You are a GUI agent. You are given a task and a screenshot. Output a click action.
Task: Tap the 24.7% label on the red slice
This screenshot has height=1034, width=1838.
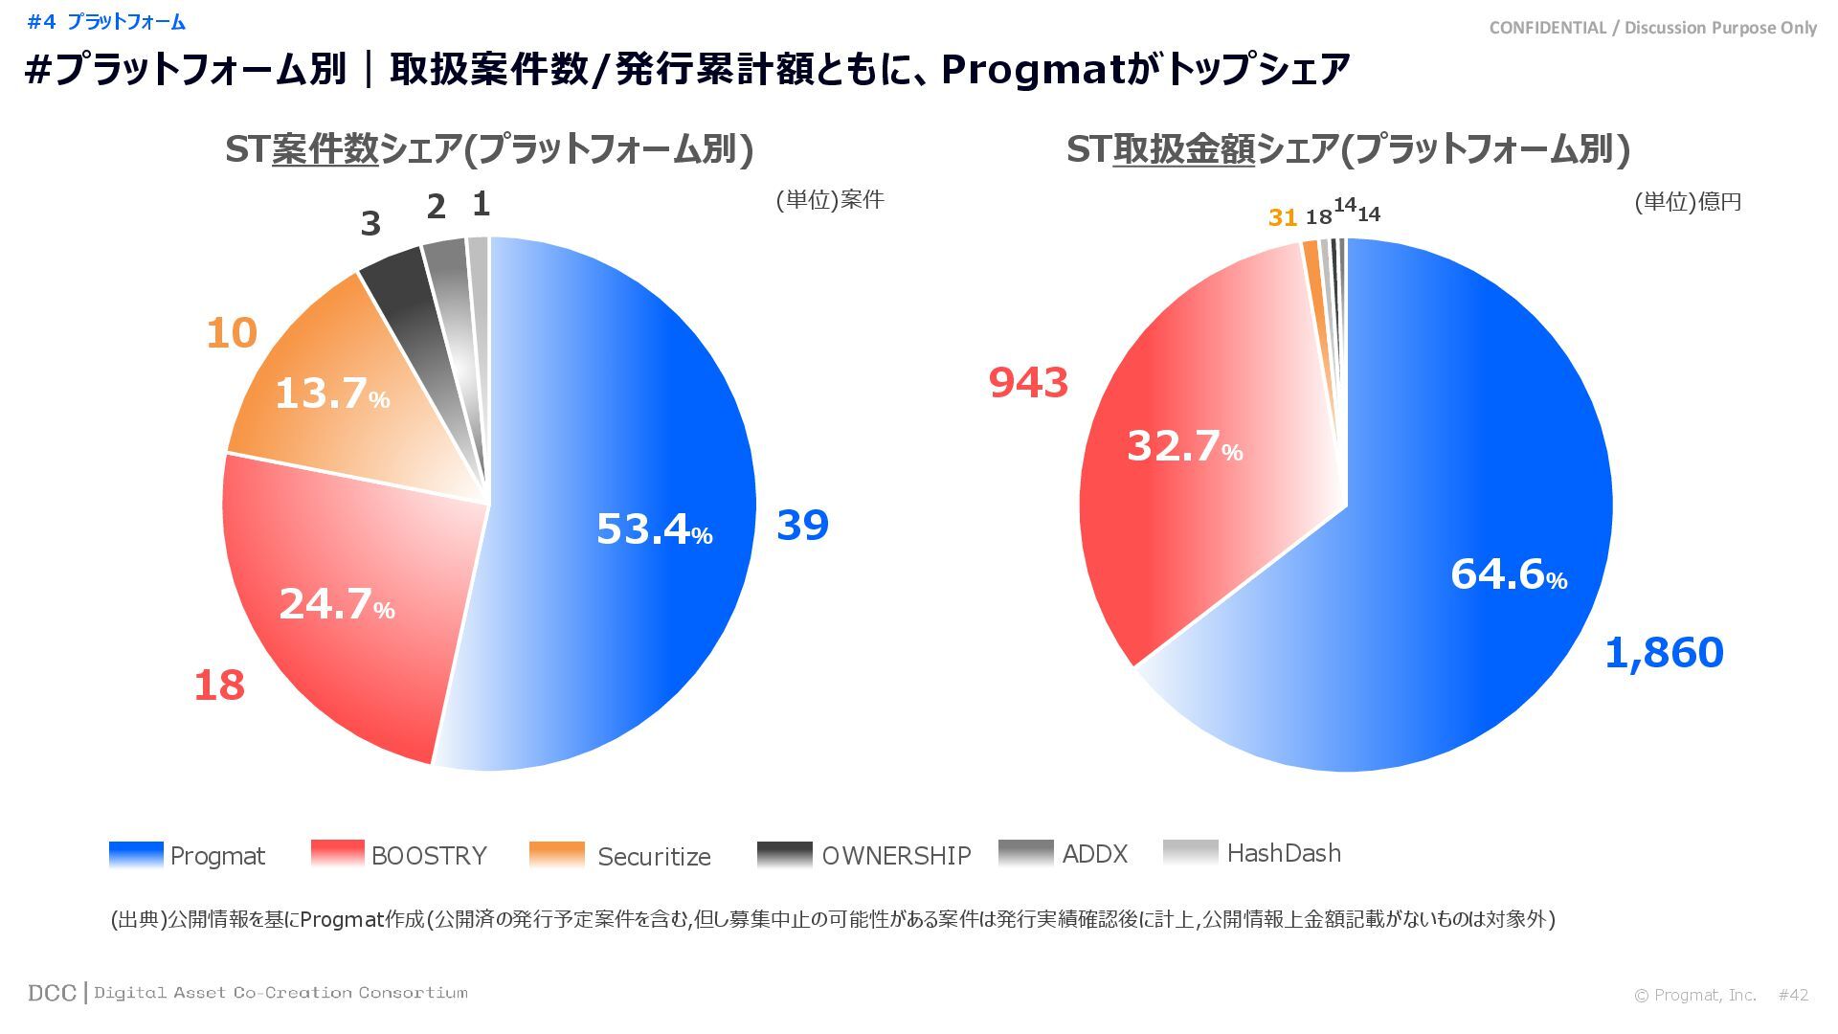coord(336,604)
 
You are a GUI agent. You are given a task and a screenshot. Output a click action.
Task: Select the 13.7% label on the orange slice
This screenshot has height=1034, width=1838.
coord(331,393)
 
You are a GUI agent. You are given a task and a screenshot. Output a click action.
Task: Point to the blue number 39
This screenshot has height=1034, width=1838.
coord(801,525)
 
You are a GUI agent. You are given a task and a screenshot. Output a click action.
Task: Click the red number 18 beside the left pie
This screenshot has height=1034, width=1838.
coord(219,686)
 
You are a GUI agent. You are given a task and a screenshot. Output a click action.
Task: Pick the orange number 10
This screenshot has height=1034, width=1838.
coord(232,333)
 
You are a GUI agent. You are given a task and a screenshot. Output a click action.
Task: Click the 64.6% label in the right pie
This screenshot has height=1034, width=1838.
coord(1508,574)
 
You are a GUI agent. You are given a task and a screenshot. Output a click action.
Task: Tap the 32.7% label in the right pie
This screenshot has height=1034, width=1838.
coord(1184,446)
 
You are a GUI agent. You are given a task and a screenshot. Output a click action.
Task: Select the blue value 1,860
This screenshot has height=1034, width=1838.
coord(1663,653)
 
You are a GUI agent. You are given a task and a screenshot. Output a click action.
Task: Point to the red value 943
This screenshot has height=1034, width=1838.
coord(1028,383)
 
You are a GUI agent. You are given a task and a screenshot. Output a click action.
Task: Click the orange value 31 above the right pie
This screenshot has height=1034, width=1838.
coord(1282,218)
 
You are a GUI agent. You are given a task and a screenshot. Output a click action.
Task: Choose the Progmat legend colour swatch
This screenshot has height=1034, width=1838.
coord(136,854)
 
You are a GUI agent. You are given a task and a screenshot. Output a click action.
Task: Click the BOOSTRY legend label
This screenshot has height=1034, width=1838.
coord(429,856)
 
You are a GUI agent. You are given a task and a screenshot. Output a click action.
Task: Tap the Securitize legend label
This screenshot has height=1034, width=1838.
coord(654,857)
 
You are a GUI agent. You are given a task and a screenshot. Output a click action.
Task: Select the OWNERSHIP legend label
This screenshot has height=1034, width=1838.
coord(896,856)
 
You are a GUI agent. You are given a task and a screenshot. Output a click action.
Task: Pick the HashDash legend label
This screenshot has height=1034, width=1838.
coord(1284,853)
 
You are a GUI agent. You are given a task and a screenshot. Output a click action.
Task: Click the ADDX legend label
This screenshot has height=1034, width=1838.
coord(1094,854)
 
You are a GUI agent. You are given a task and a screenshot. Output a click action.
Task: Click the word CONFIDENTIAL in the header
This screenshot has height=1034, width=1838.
coord(1547,28)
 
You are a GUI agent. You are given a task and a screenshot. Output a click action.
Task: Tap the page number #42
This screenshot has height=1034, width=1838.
coord(1793,995)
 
